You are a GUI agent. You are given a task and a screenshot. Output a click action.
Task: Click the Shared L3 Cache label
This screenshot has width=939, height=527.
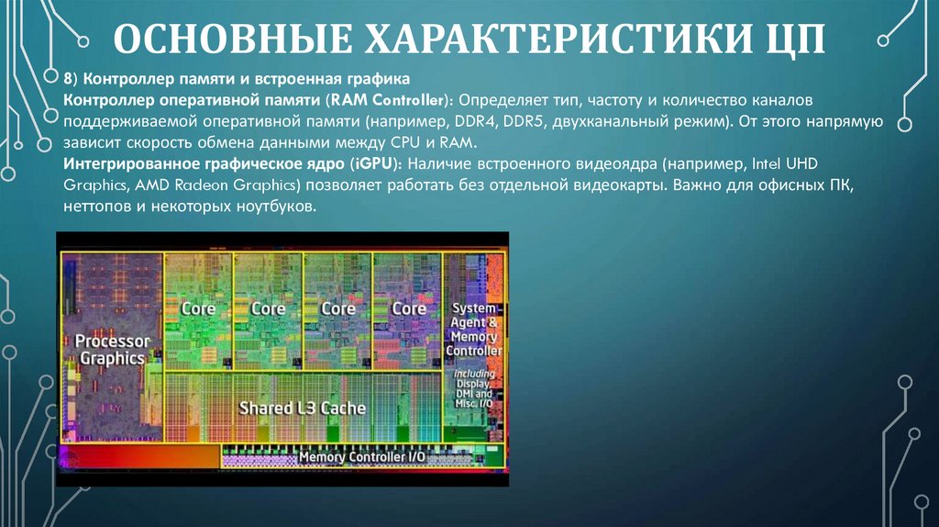pos(302,407)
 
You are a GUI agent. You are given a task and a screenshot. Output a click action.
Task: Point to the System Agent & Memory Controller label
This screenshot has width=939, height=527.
pos(473,330)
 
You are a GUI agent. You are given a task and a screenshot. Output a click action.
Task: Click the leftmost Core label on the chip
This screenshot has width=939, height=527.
pos(198,308)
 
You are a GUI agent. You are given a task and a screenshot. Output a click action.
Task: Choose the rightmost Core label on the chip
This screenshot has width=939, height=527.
pos(409,308)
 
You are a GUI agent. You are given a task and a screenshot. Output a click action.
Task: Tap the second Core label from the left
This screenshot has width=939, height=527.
pos(268,308)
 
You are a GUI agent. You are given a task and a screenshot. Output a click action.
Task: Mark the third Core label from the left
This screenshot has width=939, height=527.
pos(338,308)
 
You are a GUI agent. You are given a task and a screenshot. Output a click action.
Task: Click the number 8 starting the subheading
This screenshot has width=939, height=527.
pos(68,77)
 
